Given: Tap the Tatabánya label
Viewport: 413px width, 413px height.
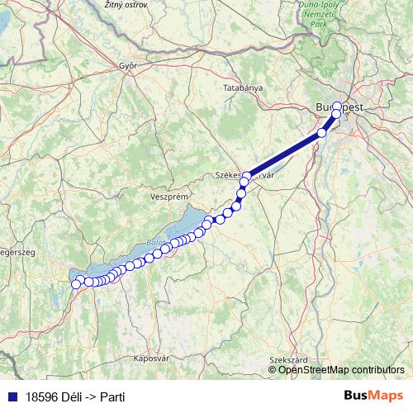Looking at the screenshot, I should tap(243, 87).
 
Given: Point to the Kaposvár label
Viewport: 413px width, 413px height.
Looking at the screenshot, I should tap(150, 358).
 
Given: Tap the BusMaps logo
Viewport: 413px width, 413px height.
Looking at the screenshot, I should tap(373, 396).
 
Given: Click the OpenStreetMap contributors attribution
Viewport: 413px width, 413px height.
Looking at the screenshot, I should tap(341, 369).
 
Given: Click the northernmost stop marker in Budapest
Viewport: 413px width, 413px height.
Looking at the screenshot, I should tap(337, 107).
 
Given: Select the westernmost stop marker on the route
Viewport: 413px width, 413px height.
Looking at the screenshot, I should tap(76, 284).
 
